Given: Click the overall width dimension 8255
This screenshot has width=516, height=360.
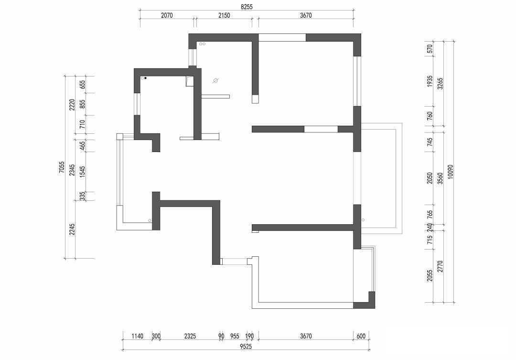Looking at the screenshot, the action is tap(247, 7).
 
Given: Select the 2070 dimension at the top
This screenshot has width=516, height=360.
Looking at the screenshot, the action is tap(167, 15).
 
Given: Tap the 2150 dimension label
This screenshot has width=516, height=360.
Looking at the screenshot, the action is tap(224, 15).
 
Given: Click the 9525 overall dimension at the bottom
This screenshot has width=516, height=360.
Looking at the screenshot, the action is tap(246, 346).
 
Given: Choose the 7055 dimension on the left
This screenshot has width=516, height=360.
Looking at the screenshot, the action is tap(62, 167).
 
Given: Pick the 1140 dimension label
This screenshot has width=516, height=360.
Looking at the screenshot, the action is tap(137, 336).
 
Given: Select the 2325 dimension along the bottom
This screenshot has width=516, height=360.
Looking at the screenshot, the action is tap(190, 336).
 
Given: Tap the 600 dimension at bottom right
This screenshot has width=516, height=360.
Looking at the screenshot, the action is tap(361, 336).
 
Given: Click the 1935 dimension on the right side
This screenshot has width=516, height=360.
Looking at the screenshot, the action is tap(430, 81).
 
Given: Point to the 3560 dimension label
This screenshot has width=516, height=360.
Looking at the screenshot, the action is tap(441, 179).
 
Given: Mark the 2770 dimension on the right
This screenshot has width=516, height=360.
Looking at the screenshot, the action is tap(441, 266).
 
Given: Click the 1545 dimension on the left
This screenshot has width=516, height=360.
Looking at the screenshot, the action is tap(82, 172).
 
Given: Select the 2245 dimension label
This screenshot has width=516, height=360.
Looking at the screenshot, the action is tap(73, 230).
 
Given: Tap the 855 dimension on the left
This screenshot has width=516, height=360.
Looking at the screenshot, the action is tap(82, 104).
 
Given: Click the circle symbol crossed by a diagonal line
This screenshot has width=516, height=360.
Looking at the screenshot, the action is tap(215, 80).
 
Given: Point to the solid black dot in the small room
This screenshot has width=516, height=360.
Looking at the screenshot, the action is tap(145, 78).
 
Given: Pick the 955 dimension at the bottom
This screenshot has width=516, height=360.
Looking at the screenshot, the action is tap(235, 336).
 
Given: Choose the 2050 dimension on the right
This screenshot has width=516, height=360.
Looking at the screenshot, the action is tap(430, 178).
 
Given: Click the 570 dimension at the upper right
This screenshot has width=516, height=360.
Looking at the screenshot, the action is tap(430, 49).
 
